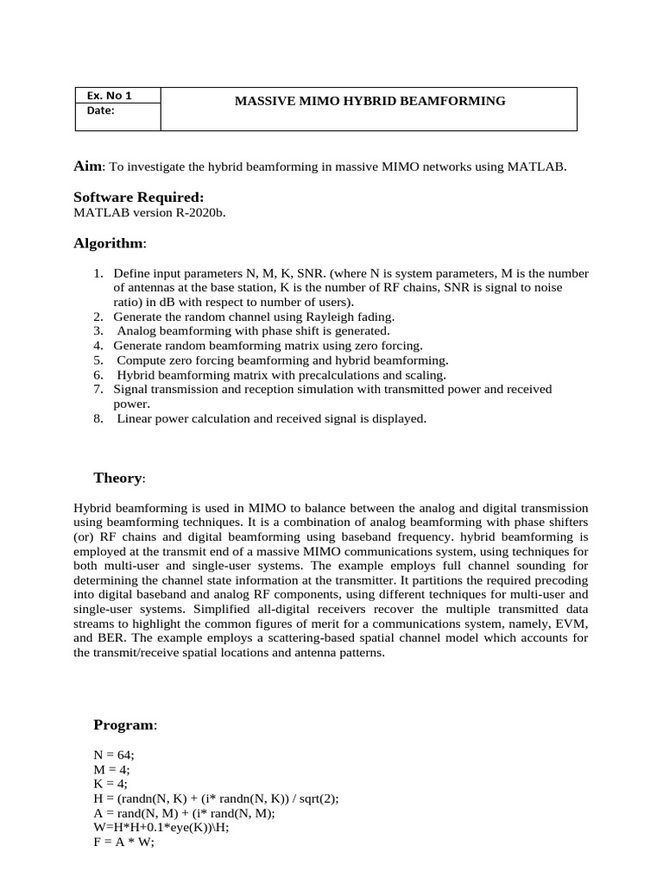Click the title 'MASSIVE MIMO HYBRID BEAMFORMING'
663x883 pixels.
(x=370, y=101)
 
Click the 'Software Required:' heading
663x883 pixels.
(x=138, y=197)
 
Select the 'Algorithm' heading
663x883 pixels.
(x=109, y=244)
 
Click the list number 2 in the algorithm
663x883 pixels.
(x=98, y=316)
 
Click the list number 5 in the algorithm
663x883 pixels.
(x=98, y=360)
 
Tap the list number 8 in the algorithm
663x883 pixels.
(x=98, y=419)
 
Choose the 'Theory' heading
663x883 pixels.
(x=117, y=478)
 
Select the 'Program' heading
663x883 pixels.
(x=123, y=725)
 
